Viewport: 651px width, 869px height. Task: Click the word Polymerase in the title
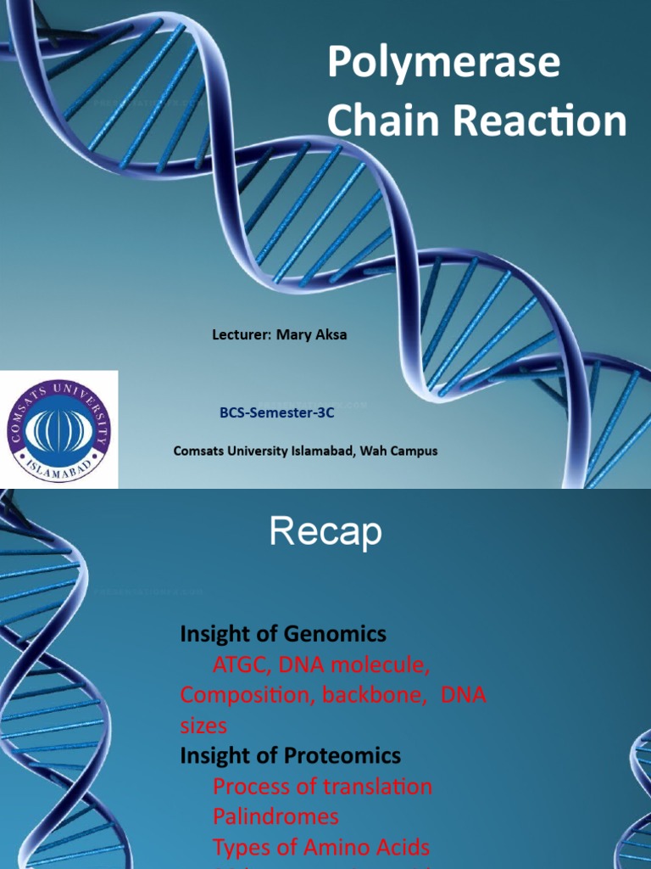coord(443,64)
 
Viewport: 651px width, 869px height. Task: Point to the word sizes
coord(203,726)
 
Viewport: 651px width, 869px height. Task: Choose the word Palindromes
coord(275,816)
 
